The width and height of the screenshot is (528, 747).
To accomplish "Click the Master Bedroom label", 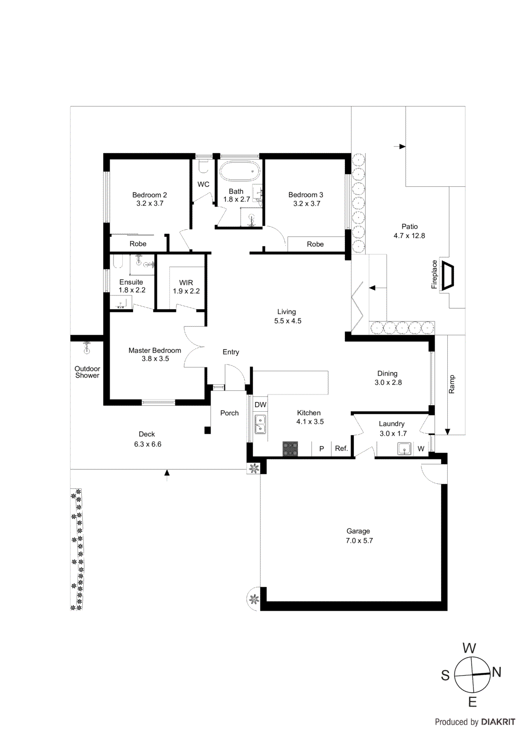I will pos(155,350).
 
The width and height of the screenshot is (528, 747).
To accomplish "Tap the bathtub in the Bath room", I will pos(239,171).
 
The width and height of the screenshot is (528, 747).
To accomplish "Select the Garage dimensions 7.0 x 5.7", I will pos(359,541).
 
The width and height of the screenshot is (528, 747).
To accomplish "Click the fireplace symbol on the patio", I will pos(448,276).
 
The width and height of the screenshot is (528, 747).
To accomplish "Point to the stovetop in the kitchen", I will pos(290,449).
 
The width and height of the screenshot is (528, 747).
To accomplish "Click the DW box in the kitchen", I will pos(260,405).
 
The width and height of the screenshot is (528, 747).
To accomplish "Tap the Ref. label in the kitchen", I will pos(341,448).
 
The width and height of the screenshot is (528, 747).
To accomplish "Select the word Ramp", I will pos(451,384).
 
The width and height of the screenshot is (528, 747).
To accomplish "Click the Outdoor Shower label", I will pos(87,372).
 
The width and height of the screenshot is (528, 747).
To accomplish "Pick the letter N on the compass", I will pos(496,672).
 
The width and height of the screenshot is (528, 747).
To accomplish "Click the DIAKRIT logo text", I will pos(498,722).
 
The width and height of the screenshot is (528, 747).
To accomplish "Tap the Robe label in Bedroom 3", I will pos(315,244).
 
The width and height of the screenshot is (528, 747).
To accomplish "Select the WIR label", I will pos(186,282).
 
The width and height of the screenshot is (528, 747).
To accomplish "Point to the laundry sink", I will pos(404,449).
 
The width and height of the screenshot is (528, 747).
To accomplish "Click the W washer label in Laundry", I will pos(421,449).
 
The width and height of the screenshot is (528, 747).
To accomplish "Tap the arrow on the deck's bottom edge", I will pos(167,474).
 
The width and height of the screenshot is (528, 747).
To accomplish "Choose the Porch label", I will pos(229,413).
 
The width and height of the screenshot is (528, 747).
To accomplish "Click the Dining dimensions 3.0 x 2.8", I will pos(388,382).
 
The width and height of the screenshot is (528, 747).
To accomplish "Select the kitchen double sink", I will pos(260,424).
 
